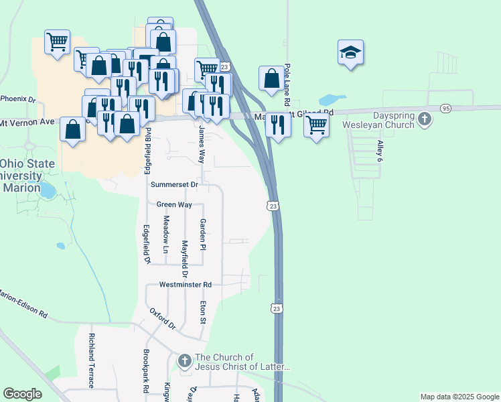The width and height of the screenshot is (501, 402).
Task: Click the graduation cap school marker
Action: coord(350,53)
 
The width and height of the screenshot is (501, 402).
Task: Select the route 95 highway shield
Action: coord(446,108)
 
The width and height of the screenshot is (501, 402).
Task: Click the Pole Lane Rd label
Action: coord(287,84)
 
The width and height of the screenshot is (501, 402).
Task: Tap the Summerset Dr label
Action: coord(175,184)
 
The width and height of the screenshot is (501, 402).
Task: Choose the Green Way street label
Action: coord(170,204)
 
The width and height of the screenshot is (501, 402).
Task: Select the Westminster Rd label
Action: coord(186,285)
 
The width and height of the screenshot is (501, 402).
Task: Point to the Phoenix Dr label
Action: coord(17,98)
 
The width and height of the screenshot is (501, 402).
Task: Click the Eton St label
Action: coord(202,312)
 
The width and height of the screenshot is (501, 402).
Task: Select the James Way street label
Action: coord(201,144)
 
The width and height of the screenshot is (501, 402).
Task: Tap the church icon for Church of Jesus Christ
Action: coord(185,362)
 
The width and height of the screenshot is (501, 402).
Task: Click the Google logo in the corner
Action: coord(22,394)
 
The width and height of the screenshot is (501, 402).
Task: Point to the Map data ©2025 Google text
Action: coord(459,397)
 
